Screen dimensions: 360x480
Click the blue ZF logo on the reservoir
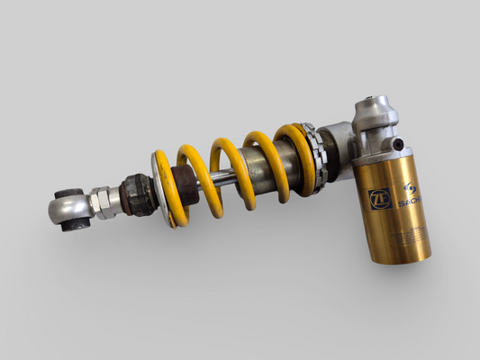380,197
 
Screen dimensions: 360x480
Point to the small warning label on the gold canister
406,237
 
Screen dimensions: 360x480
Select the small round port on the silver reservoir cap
395,145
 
